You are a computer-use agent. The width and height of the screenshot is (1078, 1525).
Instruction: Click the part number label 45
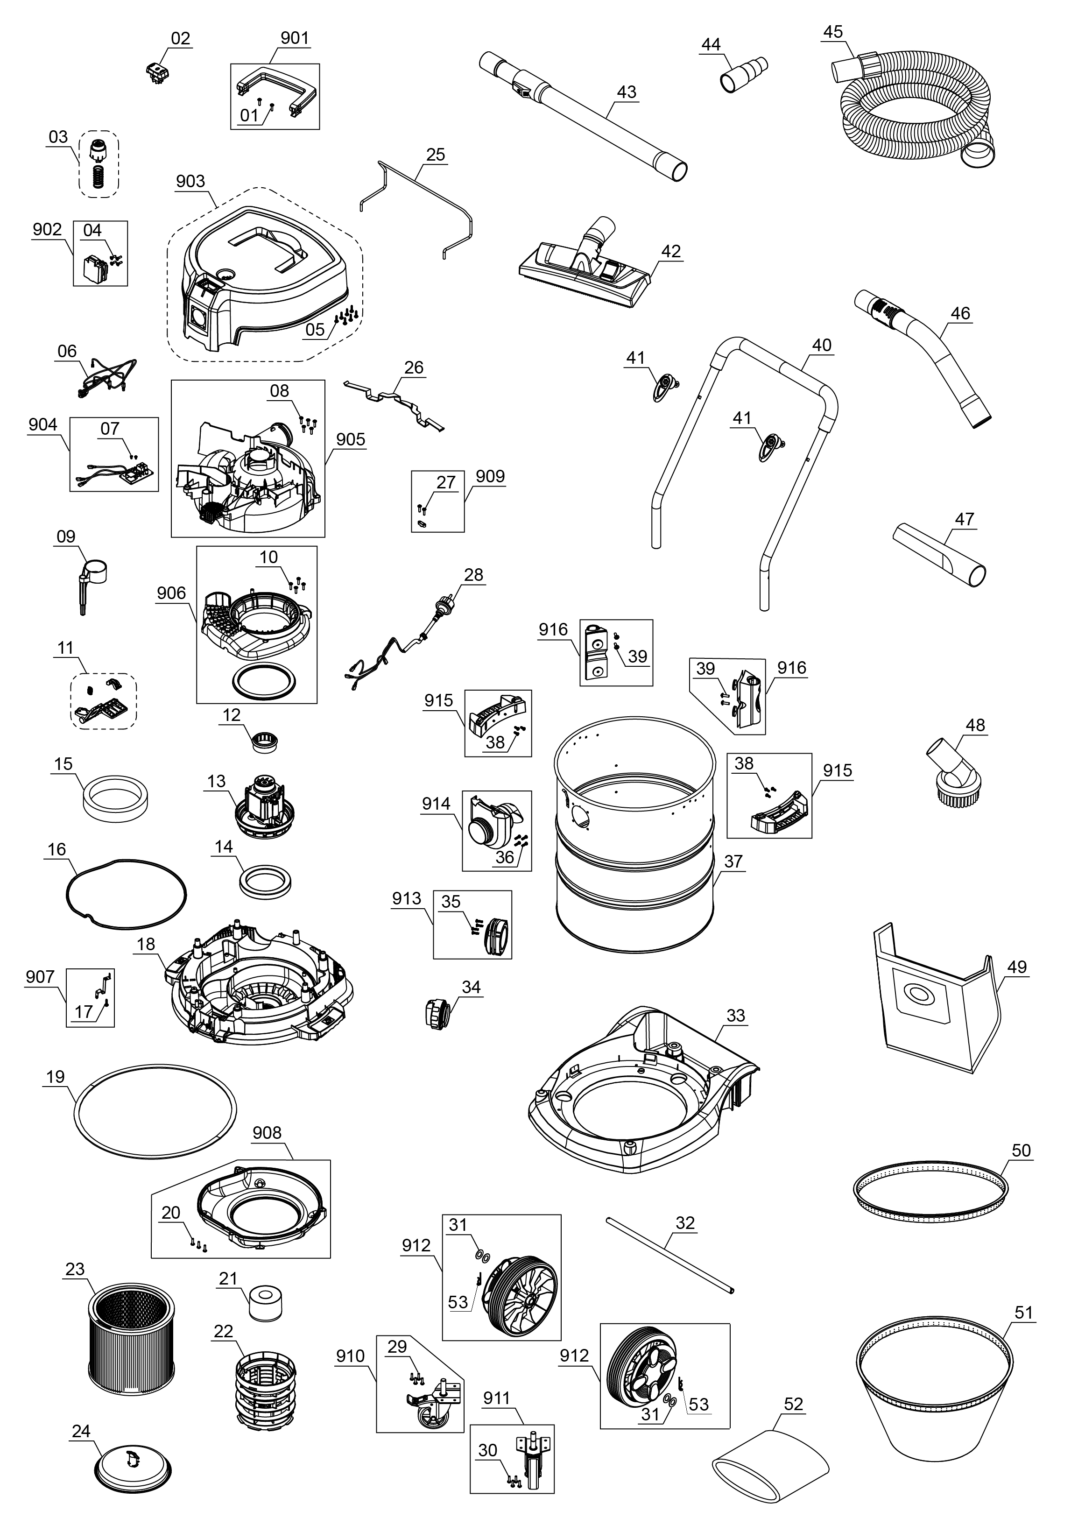833,32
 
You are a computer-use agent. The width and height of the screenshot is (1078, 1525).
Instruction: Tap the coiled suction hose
916,113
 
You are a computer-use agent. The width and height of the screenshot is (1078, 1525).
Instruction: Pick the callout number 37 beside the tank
733,861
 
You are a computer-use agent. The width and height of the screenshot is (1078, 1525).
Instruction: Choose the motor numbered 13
264,807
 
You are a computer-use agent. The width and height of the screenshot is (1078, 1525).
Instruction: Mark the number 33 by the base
736,1016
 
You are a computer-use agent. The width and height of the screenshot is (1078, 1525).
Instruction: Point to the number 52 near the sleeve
794,1404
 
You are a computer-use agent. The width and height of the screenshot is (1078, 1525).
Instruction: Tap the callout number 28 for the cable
473,574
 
